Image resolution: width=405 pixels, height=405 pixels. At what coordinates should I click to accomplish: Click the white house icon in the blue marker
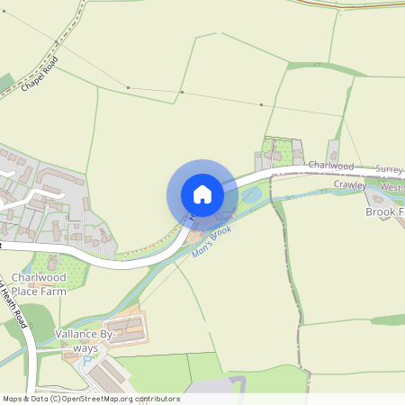pos(202,194)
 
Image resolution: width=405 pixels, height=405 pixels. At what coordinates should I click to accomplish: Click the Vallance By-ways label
pos(85,340)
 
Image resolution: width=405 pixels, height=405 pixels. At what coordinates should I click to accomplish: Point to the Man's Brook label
pos(211,243)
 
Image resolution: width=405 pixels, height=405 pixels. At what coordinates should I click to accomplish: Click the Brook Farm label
pos(384,211)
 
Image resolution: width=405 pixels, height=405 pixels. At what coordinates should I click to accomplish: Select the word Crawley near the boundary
pos(349,184)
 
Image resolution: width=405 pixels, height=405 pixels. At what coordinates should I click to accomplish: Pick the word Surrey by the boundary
pos(388,168)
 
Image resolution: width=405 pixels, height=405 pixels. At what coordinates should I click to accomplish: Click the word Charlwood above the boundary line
pos(330,166)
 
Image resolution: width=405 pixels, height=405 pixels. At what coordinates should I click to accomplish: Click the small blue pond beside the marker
pos(252,193)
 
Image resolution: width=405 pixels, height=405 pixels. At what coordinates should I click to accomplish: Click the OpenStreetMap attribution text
pos(90,399)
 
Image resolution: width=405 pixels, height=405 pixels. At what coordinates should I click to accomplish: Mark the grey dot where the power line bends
pos(183,92)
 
